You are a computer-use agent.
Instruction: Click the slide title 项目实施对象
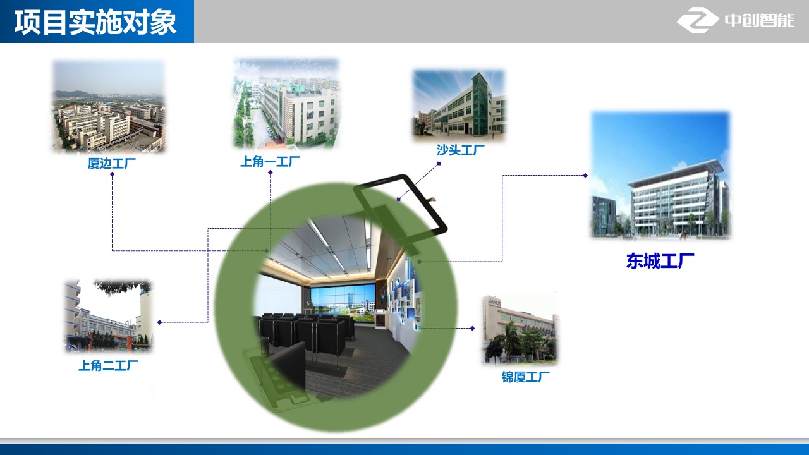(95, 22)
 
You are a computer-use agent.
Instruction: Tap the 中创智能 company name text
(760, 20)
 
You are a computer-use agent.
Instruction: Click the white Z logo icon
(697, 20)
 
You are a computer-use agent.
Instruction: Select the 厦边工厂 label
(112, 163)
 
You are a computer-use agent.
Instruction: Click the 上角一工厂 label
(270, 161)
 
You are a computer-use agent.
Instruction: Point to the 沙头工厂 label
(461, 150)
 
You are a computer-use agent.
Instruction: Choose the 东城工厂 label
(660, 261)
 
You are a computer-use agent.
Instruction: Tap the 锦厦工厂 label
(525, 377)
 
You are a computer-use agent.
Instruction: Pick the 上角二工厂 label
(108, 365)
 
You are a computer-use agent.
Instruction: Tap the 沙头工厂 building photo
(459, 105)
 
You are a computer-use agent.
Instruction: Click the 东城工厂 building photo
(660, 175)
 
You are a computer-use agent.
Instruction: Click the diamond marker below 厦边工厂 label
(113, 174)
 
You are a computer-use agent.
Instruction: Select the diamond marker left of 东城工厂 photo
(585, 176)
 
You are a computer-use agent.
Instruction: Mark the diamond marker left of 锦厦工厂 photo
(472, 328)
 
